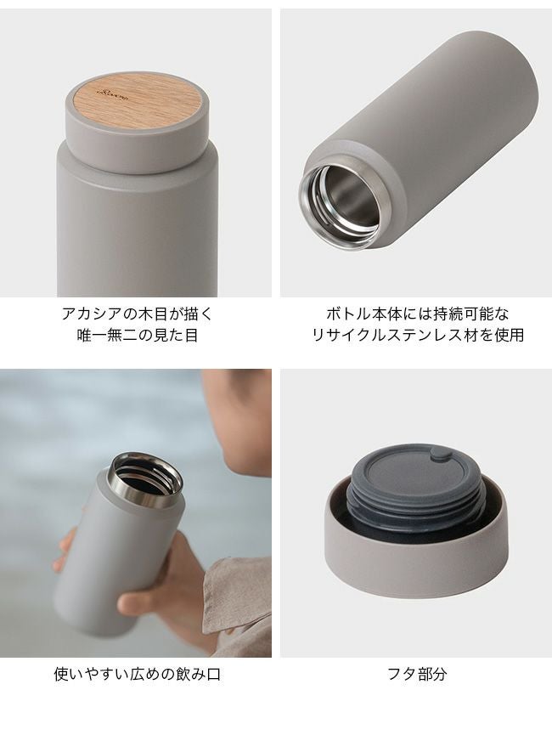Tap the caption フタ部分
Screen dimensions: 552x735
pos(417,674)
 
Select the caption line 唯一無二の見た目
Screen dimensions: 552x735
pos(138,336)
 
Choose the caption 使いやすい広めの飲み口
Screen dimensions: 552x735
pos(138,674)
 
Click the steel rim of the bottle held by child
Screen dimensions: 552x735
pos(146,480)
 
